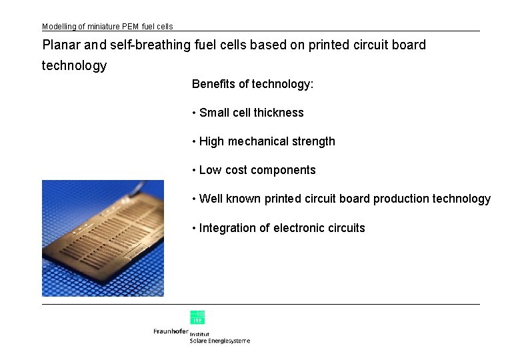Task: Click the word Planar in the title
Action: [x=61, y=45]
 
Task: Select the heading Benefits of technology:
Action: [x=253, y=84]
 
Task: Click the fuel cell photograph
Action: [x=103, y=238]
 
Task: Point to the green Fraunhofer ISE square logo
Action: [x=197, y=317]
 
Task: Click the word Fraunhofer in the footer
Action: [x=171, y=331]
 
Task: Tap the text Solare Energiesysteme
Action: [x=220, y=341]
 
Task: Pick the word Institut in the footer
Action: [x=200, y=334]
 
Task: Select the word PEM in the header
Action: [x=131, y=27]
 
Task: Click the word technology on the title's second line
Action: [x=74, y=65]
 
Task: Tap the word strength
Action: [x=313, y=141]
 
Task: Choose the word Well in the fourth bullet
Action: [x=211, y=199]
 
